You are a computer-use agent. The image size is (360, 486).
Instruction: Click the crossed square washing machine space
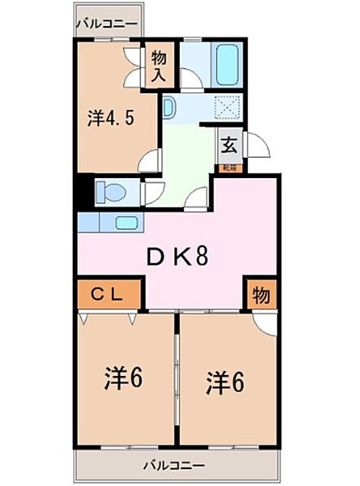(x=226, y=108)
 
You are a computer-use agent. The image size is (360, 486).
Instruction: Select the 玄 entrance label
(x=229, y=147)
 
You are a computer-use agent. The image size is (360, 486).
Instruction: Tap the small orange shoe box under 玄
(x=229, y=168)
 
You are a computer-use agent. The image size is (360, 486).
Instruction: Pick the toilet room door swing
(x=152, y=193)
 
